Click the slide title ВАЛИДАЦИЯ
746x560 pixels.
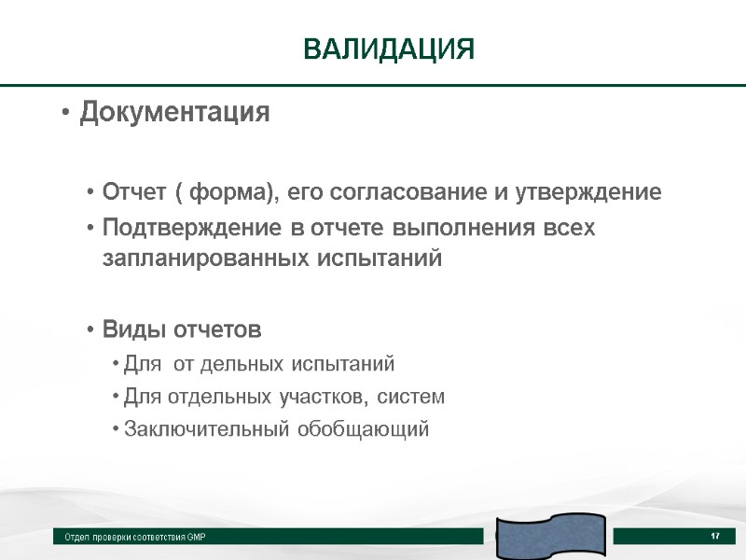click(x=389, y=49)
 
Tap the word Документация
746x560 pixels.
click(x=174, y=114)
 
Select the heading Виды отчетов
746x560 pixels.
click(x=182, y=330)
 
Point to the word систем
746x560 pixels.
click(x=408, y=397)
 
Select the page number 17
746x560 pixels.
click(x=715, y=536)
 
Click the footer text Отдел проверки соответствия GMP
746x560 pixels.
click(x=135, y=538)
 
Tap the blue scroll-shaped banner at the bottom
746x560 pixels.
click(x=550, y=538)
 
